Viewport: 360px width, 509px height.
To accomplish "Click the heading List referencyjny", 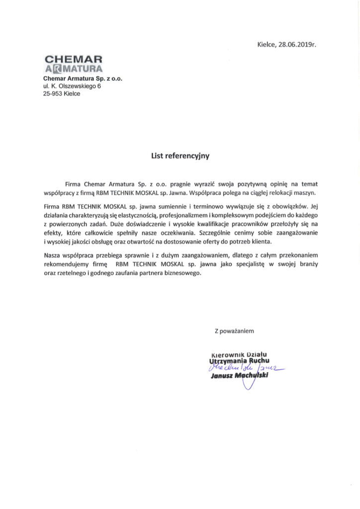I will [x=180, y=156].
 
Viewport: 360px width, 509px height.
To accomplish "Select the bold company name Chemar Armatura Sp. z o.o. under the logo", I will [x=83, y=79].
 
